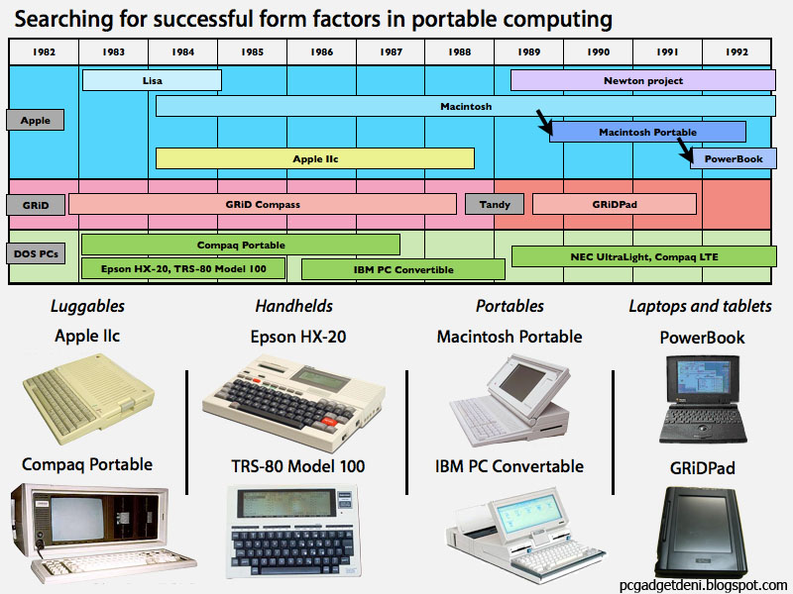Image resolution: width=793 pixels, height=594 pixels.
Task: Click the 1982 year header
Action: coord(44,51)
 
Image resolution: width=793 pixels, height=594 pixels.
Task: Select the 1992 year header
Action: coord(736,51)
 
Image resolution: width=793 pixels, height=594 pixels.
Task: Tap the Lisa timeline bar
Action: coord(152,80)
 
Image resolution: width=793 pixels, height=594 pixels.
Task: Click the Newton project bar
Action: coord(642,80)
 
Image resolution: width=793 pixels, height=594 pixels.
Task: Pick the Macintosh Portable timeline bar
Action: coord(647,132)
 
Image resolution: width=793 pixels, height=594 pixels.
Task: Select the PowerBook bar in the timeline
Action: coord(733,158)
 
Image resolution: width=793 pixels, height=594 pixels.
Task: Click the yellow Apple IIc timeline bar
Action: coord(315,158)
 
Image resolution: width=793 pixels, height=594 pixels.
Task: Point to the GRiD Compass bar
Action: coord(262,204)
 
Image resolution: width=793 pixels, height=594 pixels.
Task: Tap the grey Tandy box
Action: coord(494,204)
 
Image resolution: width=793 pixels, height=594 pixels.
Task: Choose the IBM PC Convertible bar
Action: coord(402,269)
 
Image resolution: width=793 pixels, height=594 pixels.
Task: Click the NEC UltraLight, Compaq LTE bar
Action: coord(643,256)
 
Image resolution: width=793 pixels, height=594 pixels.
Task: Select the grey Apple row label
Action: coord(35,120)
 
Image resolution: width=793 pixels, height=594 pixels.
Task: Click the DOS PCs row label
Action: coord(35,254)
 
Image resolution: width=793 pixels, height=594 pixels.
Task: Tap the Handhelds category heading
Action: coord(293,306)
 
